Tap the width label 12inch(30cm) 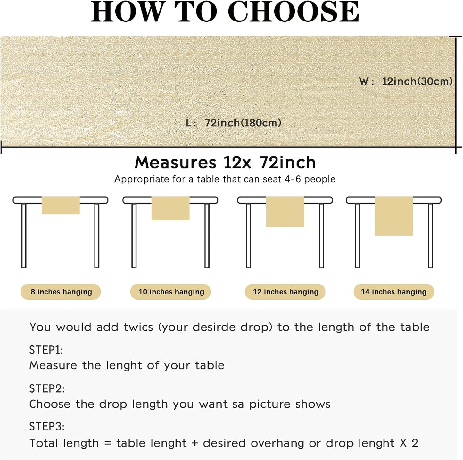[417, 81]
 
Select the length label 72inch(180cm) [243, 123]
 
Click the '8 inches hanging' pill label [61, 292]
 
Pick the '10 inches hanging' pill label [171, 292]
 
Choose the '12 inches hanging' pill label [285, 292]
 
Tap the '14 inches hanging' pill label [393, 292]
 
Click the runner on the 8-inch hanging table [61, 205]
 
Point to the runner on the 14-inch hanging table [393, 216]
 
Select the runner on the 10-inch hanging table [170, 209]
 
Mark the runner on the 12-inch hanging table [285, 212]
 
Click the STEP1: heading [46, 350]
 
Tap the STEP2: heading [47, 388]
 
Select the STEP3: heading [47, 426]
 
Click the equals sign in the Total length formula [108, 443]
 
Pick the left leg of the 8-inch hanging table [24, 236]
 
